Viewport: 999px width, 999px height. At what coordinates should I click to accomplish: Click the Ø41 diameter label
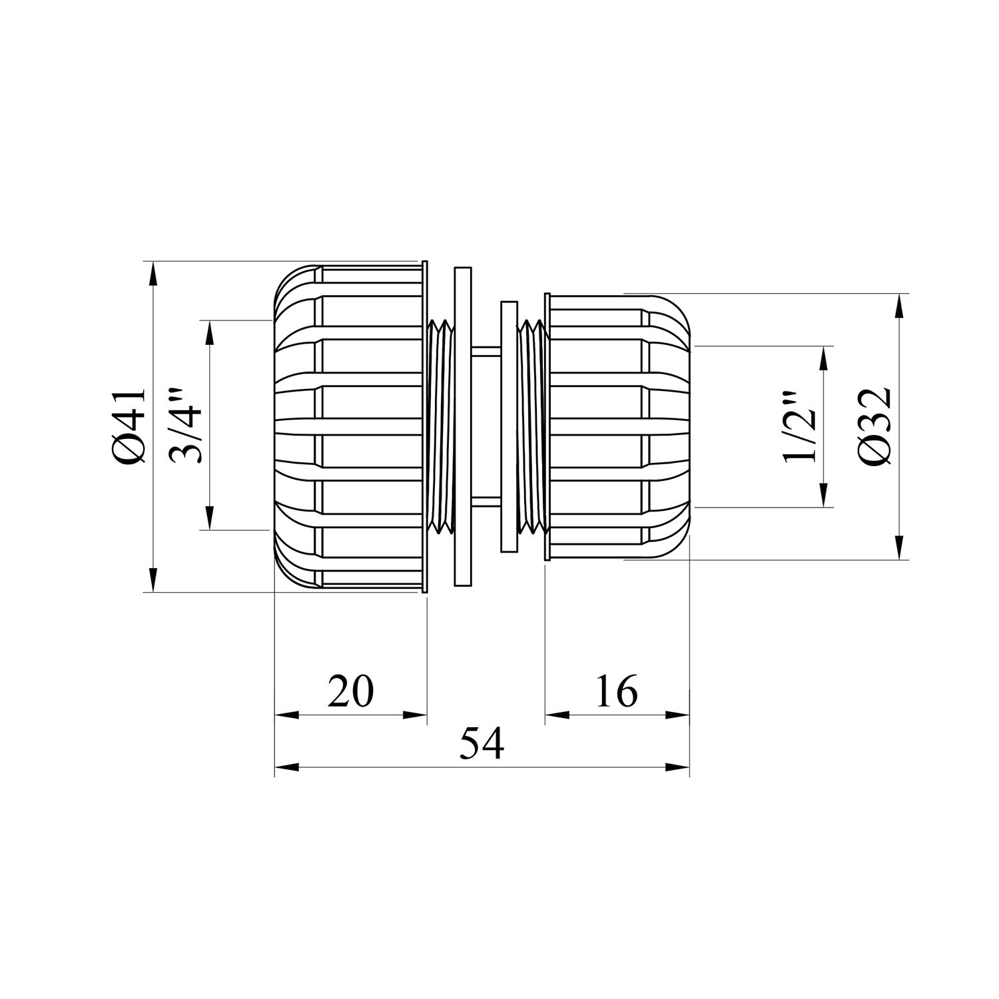tap(129, 426)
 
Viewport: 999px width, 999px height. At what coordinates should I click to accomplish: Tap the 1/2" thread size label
tap(799, 427)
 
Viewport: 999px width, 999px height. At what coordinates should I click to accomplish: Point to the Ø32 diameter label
tap(874, 426)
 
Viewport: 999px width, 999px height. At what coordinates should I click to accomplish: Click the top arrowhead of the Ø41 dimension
tap(154, 273)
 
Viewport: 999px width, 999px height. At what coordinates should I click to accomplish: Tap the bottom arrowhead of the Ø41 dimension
tap(154, 579)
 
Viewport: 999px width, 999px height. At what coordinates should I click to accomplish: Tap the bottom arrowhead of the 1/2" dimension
tap(825, 496)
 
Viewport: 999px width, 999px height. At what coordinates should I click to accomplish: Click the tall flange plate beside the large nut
tap(462, 426)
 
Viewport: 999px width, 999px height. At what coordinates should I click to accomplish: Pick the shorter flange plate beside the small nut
tap(508, 426)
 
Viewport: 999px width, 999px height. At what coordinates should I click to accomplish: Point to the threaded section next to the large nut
tap(440, 426)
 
